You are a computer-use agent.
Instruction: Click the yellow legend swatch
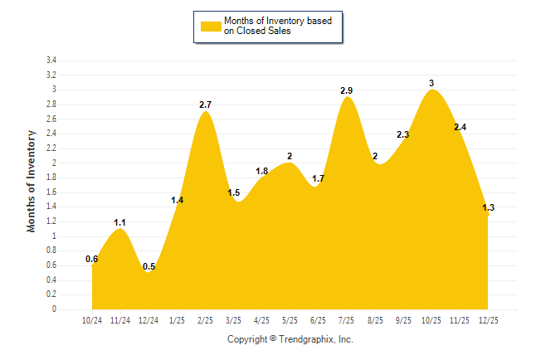(211, 26)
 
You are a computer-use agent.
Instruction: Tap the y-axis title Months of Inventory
(32, 181)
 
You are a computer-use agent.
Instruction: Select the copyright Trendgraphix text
(290, 339)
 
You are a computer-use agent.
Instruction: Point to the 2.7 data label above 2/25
(206, 105)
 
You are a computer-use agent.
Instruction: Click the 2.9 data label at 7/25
(347, 90)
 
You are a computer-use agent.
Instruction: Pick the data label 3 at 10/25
(431, 83)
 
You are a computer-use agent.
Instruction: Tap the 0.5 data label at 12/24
(149, 266)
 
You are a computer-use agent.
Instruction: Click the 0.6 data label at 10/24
(92, 259)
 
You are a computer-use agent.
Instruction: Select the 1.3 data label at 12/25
(488, 207)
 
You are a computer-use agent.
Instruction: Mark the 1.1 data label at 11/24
(120, 222)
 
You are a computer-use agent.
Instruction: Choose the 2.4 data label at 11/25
(460, 127)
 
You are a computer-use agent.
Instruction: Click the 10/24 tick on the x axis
(92, 320)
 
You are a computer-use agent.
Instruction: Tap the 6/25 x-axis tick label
(319, 320)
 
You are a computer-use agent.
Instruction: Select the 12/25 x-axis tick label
(488, 320)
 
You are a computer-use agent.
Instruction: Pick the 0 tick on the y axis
(54, 309)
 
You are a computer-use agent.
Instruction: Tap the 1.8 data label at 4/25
(262, 171)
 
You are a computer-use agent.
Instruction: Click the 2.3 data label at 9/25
(403, 134)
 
